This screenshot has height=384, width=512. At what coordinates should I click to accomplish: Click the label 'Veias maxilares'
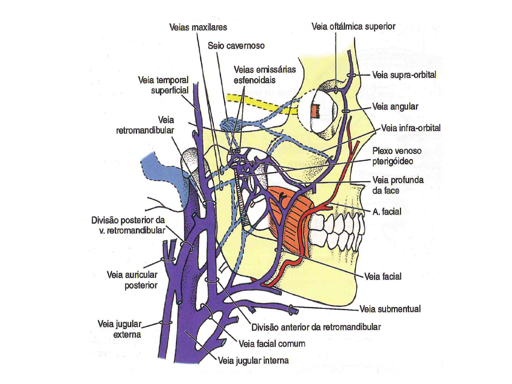(198, 27)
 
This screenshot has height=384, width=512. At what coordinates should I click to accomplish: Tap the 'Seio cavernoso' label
(236, 46)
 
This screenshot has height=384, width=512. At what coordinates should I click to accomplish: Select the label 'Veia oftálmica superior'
(353, 27)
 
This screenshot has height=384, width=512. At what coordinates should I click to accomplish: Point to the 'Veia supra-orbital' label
(404, 75)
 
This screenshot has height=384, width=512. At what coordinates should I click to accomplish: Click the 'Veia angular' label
(395, 107)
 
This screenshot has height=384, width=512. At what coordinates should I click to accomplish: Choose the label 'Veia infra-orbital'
(411, 128)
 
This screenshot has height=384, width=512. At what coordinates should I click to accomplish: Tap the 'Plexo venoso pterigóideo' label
(396, 156)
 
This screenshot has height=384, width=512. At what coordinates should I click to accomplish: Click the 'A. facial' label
(387, 212)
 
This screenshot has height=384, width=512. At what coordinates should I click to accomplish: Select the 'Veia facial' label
(383, 277)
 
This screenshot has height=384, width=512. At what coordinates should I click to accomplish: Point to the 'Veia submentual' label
(390, 309)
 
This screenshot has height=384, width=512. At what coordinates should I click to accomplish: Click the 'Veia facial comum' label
(272, 344)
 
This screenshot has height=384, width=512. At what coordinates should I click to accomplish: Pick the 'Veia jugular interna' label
(253, 361)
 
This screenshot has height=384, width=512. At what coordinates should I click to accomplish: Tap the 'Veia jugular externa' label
(119, 329)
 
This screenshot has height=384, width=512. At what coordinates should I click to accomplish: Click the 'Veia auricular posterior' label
(132, 280)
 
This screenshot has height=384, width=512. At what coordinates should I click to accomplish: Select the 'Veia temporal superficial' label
(163, 85)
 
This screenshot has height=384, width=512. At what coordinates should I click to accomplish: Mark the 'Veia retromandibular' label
(145, 125)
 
